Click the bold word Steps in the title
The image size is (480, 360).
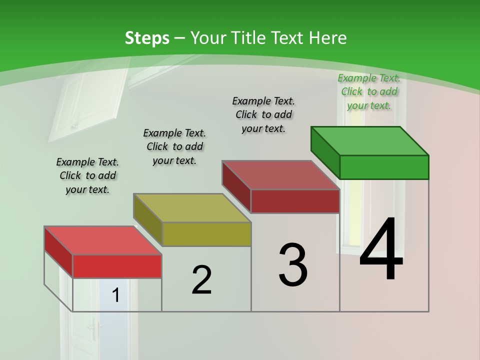[147, 38]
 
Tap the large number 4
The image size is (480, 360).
[381, 249]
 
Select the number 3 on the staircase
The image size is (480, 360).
[293, 265]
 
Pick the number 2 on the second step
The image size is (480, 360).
[201, 280]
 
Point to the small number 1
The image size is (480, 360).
[115, 295]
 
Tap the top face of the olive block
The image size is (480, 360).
[192, 207]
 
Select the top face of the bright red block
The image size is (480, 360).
[103, 240]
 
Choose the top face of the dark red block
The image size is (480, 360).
[280, 175]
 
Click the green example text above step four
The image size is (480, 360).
[369, 91]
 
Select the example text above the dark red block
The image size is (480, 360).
[263, 114]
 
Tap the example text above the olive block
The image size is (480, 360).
[174, 146]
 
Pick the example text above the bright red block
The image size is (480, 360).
[87, 175]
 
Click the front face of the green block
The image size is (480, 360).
[384, 167]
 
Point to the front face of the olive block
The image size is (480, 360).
[206, 234]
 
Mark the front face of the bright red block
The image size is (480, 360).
[117, 266]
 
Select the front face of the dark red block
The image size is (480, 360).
[295, 201]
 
